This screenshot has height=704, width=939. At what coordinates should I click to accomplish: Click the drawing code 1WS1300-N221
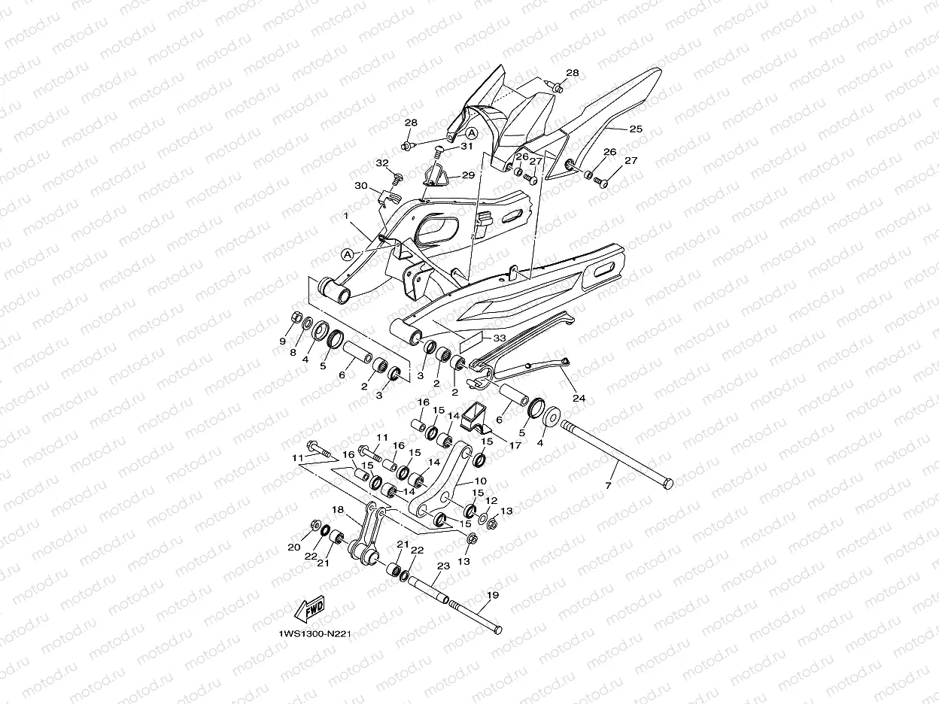coord(314,633)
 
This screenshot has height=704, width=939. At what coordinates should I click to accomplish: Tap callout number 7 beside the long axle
coord(608,487)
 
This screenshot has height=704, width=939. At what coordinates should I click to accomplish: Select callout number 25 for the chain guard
coord(636,129)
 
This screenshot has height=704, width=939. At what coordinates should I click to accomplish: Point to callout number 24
coord(579,398)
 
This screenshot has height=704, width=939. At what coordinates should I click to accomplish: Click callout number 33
coord(499,338)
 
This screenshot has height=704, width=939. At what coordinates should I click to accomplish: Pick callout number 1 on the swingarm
coord(345,216)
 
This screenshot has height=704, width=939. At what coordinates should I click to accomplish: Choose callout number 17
coord(515,445)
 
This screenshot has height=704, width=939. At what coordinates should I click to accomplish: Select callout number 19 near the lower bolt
coord(492,595)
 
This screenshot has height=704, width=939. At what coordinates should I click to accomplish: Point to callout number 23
coord(443,566)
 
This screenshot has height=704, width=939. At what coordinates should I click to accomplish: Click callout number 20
coord(294,548)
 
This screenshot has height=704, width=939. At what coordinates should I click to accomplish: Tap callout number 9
coord(283,341)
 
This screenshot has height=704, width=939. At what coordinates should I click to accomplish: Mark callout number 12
coord(491,500)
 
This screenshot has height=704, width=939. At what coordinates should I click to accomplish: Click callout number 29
coord(468,174)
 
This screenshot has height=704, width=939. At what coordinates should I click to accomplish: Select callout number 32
coord(382,163)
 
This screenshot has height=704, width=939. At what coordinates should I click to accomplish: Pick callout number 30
coord(360,185)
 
